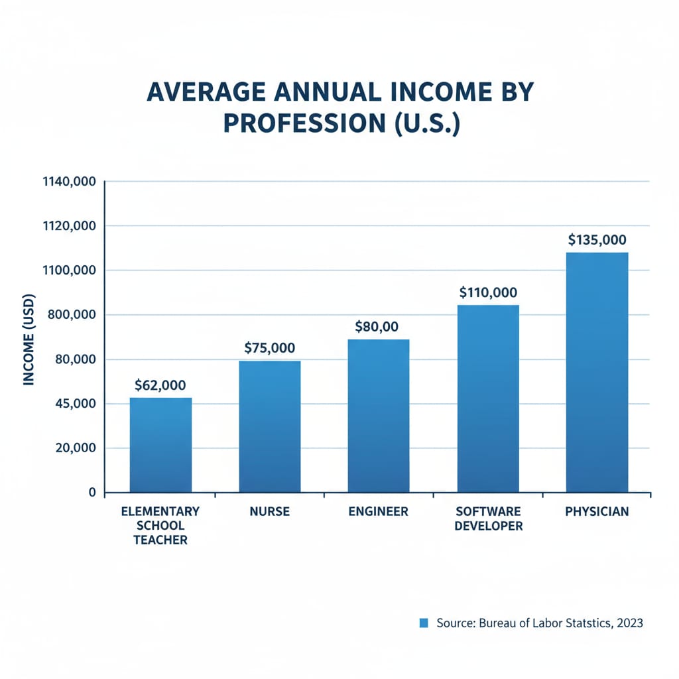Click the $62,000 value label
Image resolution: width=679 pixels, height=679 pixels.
(160, 385)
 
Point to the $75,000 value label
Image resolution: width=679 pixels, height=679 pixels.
(269, 347)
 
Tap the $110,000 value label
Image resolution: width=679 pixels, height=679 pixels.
(488, 292)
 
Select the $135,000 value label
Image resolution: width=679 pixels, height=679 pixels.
(597, 240)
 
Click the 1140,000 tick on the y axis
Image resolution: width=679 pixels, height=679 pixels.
(69, 182)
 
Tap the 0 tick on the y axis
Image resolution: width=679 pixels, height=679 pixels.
(93, 493)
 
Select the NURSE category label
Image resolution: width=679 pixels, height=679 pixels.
(269, 512)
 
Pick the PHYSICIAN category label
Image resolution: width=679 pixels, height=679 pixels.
(597, 512)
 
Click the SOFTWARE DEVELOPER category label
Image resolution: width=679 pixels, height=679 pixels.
(488, 519)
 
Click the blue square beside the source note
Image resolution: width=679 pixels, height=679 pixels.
(424, 623)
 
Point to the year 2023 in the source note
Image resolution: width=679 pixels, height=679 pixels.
(628, 623)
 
